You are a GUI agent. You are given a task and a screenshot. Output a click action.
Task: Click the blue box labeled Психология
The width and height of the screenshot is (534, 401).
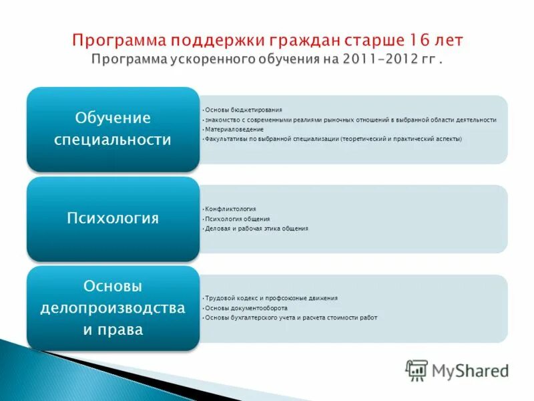(x=113, y=219)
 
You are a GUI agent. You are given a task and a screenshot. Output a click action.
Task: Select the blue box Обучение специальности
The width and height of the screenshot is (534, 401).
(x=113, y=129)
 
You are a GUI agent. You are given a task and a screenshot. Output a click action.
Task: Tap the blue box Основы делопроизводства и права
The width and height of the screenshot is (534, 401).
(x=113, y=308)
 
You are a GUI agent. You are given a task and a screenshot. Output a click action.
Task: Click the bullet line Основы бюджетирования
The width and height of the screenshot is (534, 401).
(x=244, y=110)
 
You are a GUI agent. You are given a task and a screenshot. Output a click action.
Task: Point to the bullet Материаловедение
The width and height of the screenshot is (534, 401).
(x=234, y=129)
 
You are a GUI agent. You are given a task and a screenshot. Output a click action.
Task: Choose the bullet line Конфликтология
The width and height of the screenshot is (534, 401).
(x=230, y=209)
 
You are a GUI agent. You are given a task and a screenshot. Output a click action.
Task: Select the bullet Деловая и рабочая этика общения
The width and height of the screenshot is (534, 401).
(x=257, y=229)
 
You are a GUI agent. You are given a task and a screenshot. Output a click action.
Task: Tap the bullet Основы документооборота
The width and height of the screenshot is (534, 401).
(x=246, y=308)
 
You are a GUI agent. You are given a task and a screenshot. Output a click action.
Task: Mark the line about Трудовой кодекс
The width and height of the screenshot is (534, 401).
(x=271, y=298)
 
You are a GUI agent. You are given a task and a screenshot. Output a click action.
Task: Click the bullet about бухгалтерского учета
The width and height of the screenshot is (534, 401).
(x=291, y=317)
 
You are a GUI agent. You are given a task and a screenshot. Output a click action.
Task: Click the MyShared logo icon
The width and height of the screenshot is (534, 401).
(x=417, y=370)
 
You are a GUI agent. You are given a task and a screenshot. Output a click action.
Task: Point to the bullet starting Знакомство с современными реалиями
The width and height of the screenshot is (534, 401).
(x=350, y=120)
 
